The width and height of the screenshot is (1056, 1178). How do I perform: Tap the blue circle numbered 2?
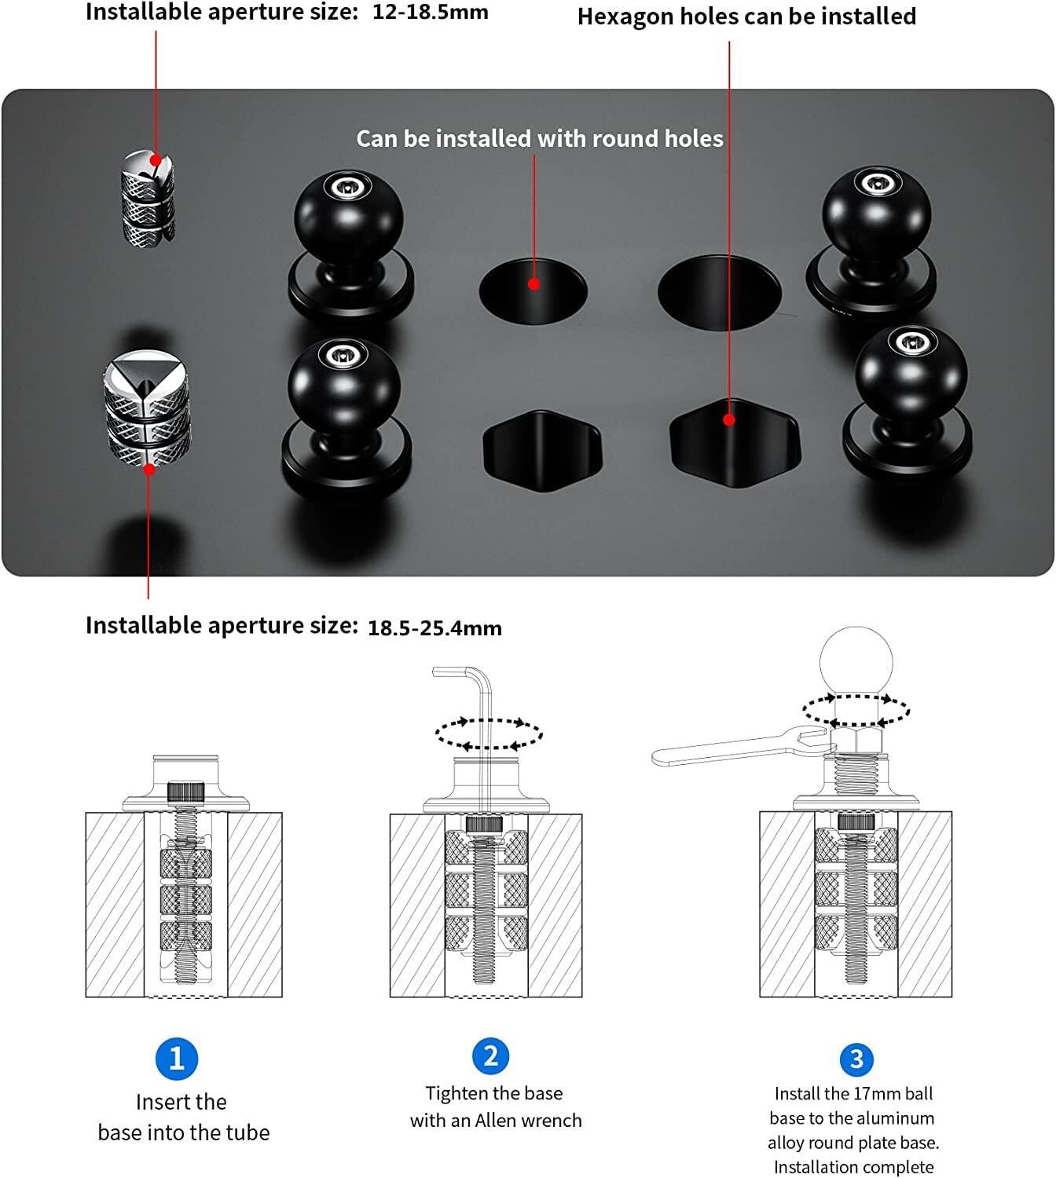tap(491, 1055)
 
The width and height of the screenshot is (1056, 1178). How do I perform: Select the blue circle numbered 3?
tap(856, 1059)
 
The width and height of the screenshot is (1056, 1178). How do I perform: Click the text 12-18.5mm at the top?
tap(430, 13)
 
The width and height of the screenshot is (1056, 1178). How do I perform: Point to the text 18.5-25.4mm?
tap(434, 628)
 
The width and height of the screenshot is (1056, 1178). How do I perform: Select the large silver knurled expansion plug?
tap(147, 411)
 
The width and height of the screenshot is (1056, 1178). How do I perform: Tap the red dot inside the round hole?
tap(534, 284)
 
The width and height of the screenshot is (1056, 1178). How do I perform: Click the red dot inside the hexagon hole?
tap(729, 420)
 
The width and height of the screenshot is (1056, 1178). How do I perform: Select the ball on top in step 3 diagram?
tap(856, 661)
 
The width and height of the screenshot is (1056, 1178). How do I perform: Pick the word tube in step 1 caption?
tap(246, 1132)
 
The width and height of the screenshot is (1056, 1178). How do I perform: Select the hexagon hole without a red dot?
tap(541, 451)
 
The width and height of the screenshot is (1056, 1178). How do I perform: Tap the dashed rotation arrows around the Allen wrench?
tap(489, 734)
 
